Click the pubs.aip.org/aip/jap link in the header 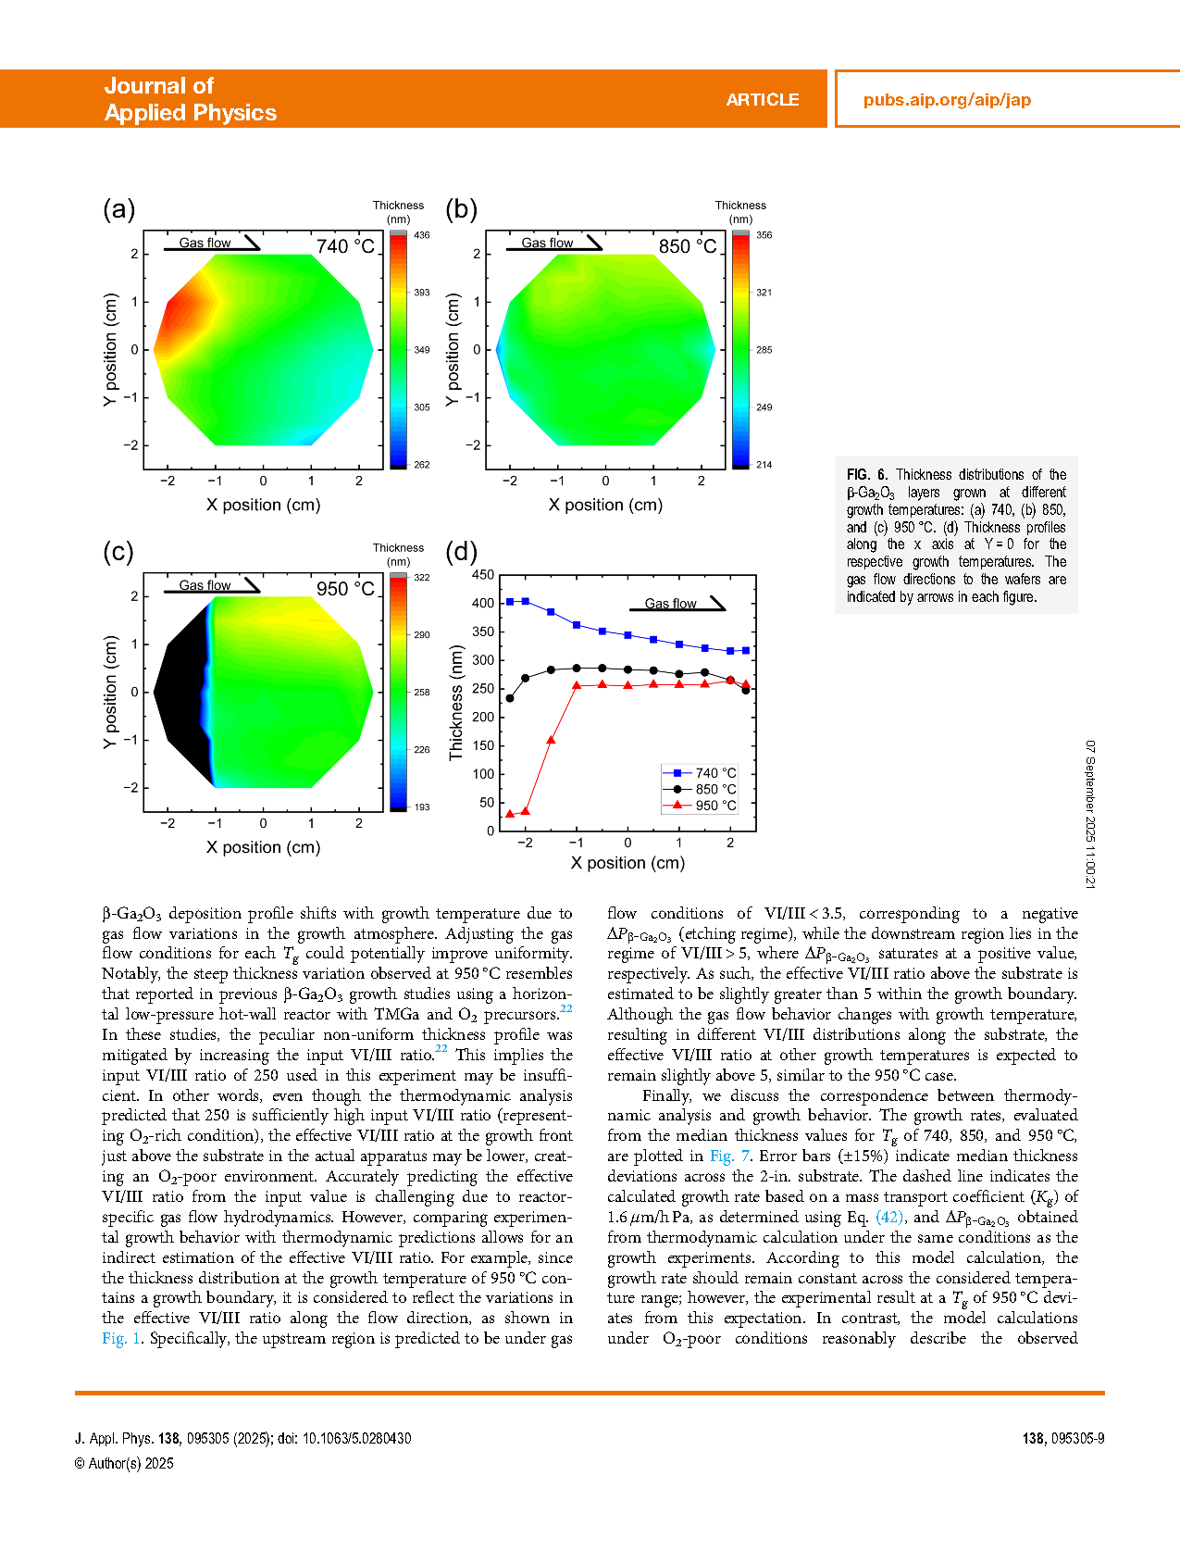click(x=947, y=100)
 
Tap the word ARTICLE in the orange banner click(x=762, y=100)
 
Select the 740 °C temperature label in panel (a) click(x=345, y=246)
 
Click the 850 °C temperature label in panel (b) click(x=688, y=246)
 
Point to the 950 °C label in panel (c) click(x=345, y=589)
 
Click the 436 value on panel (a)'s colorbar click(x=422, y=235)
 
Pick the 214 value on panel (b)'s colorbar click(x=764, y=465)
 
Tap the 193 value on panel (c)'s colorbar click(x=422, y=807)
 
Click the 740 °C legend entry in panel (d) click(x=700, y=773)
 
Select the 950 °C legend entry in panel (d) click(x=700, y=806)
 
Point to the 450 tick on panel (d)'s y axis click(x=483, y=575)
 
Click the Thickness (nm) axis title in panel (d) click(x=456, y=703)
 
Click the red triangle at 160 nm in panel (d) click(x=551, y=740)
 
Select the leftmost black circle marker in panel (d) click(x=510, y=698)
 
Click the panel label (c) click(x=118, y=552)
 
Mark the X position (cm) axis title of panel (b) click(x=605, y=506)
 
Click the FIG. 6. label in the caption click(x=867, y=475)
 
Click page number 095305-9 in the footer click(x=1076, y=1438)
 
